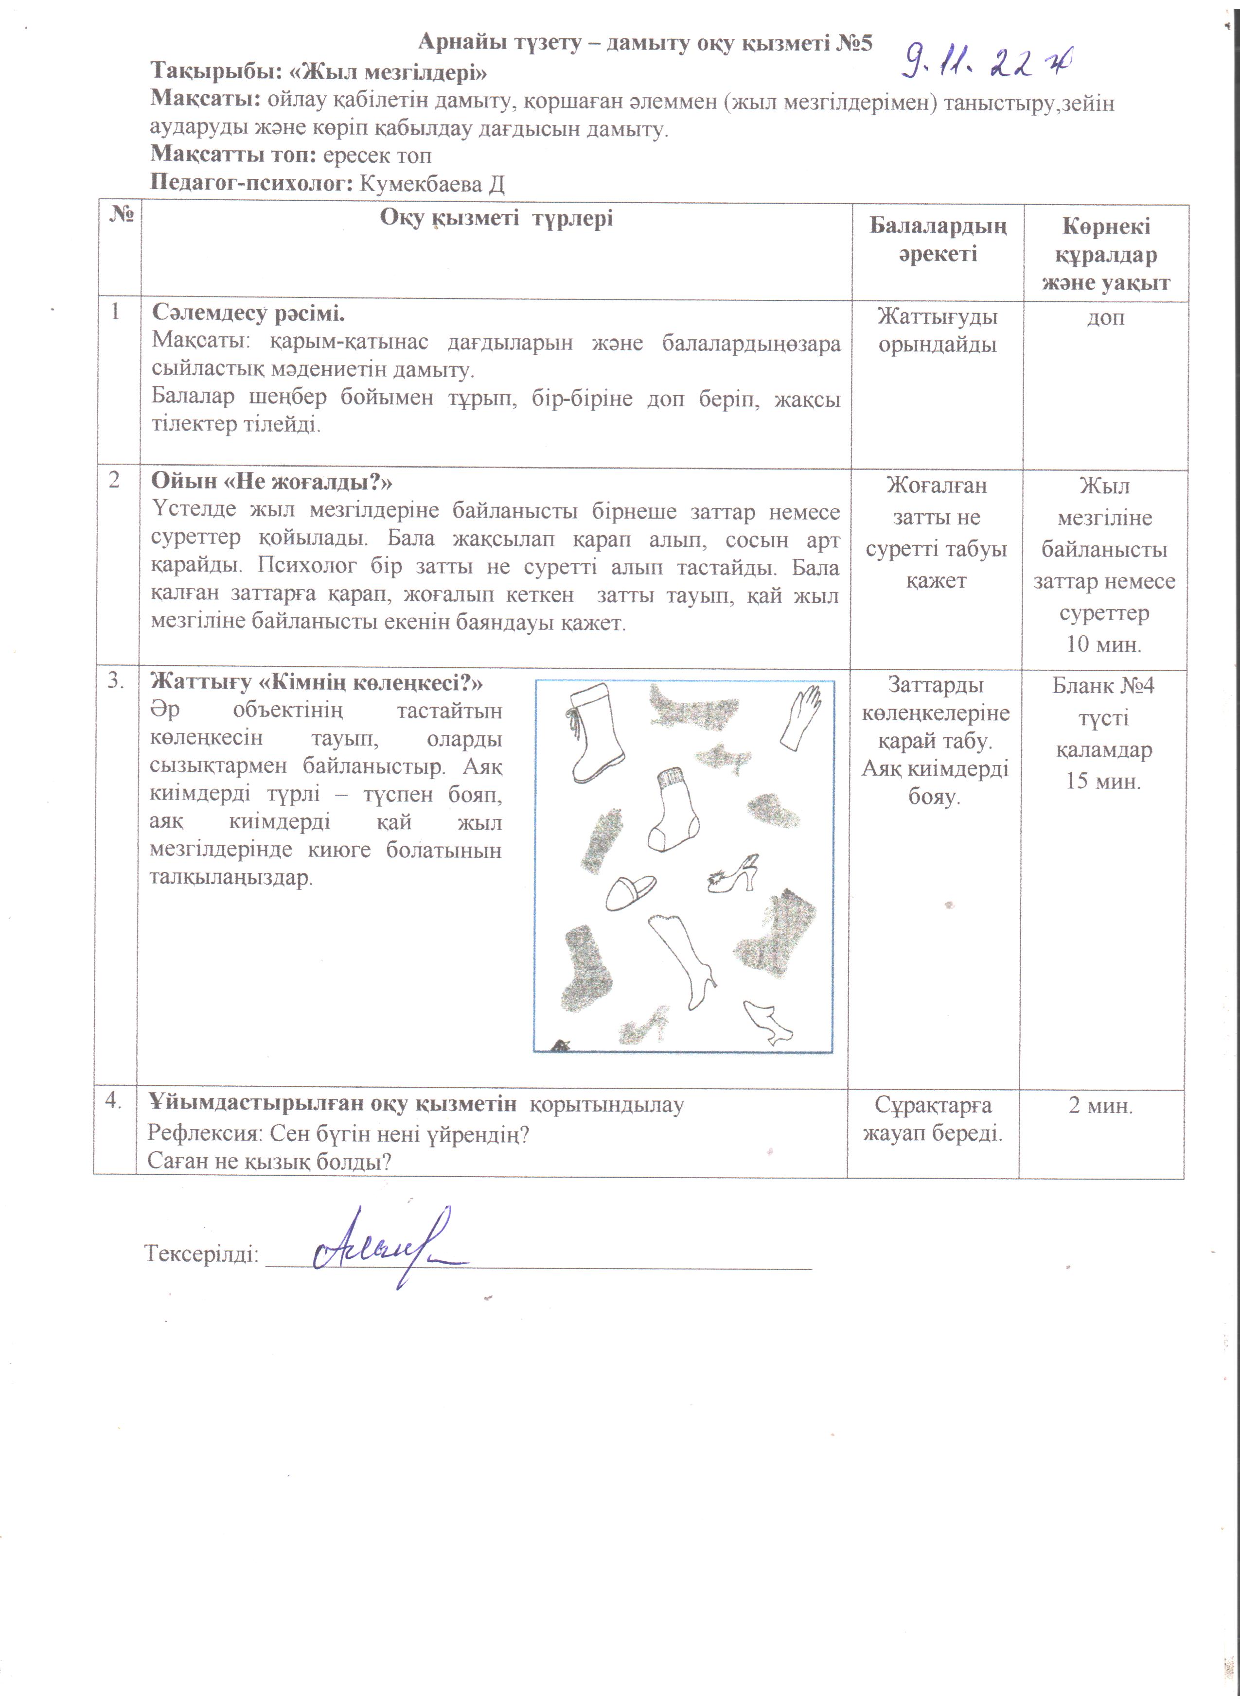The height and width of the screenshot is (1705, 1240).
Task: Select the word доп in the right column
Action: click(1105, 318)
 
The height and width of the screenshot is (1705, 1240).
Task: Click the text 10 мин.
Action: click(1103, 644)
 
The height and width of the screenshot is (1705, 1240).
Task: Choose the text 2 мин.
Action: click(1100, 1106)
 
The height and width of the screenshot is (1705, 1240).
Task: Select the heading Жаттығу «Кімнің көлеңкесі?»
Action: click(316, 682)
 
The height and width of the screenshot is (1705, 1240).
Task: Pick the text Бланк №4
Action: click(1102, 686)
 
